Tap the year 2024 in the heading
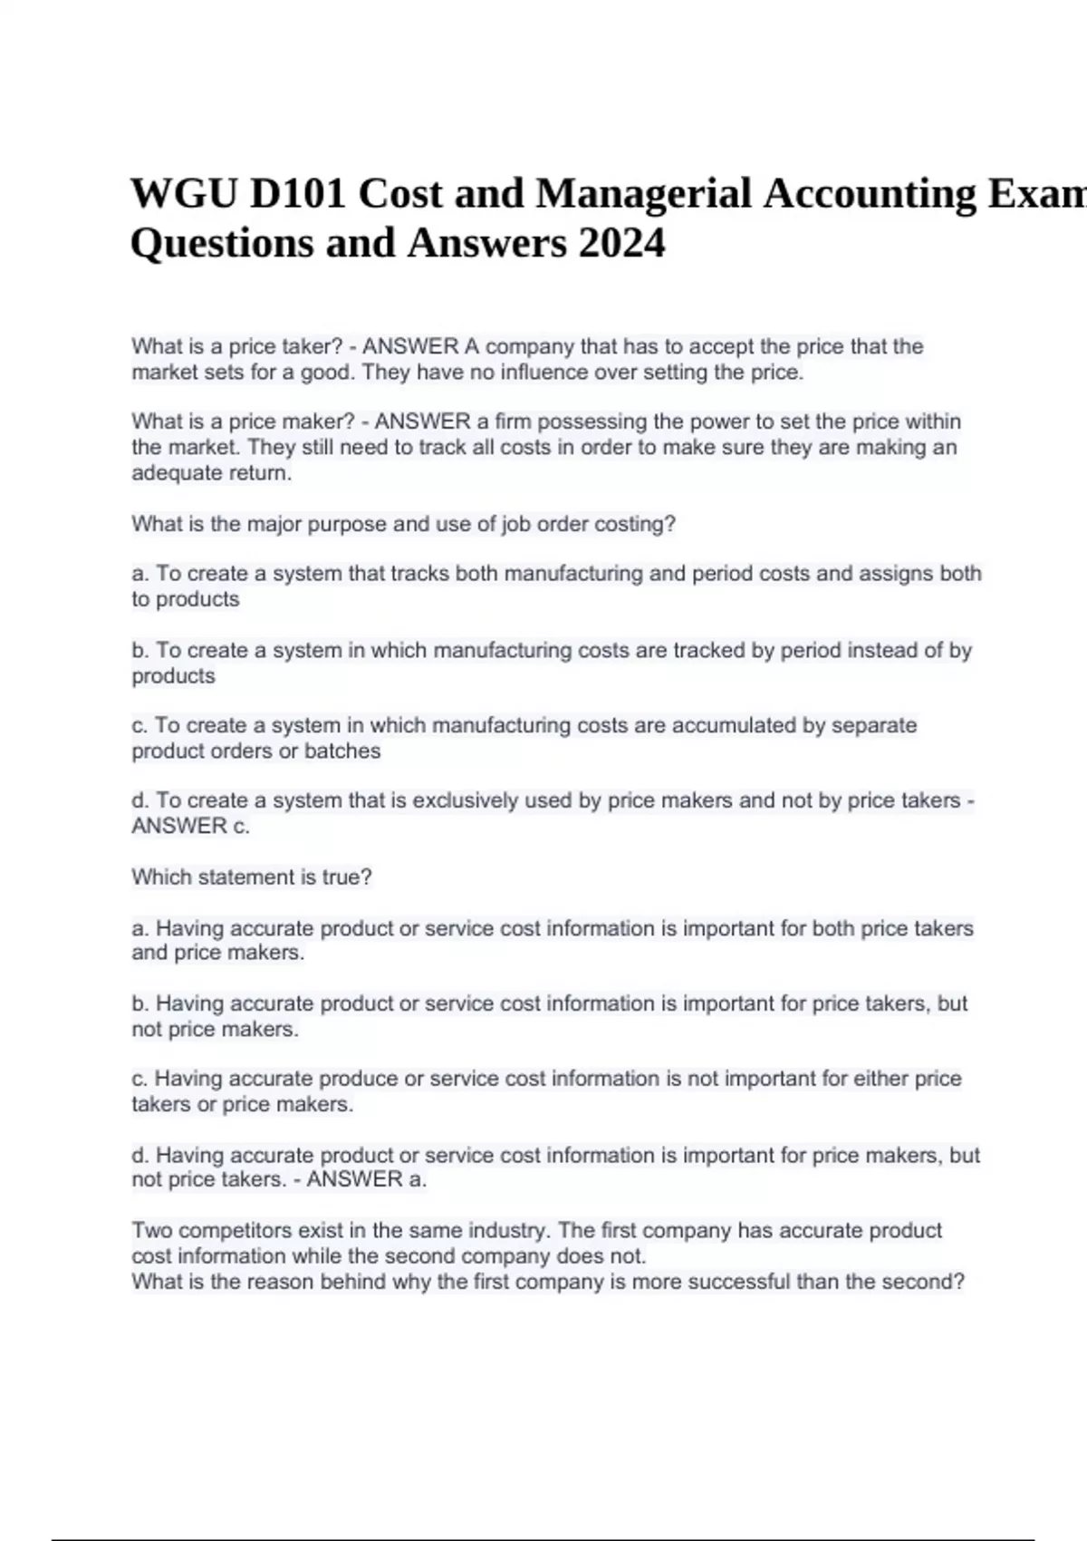coord(620,243)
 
